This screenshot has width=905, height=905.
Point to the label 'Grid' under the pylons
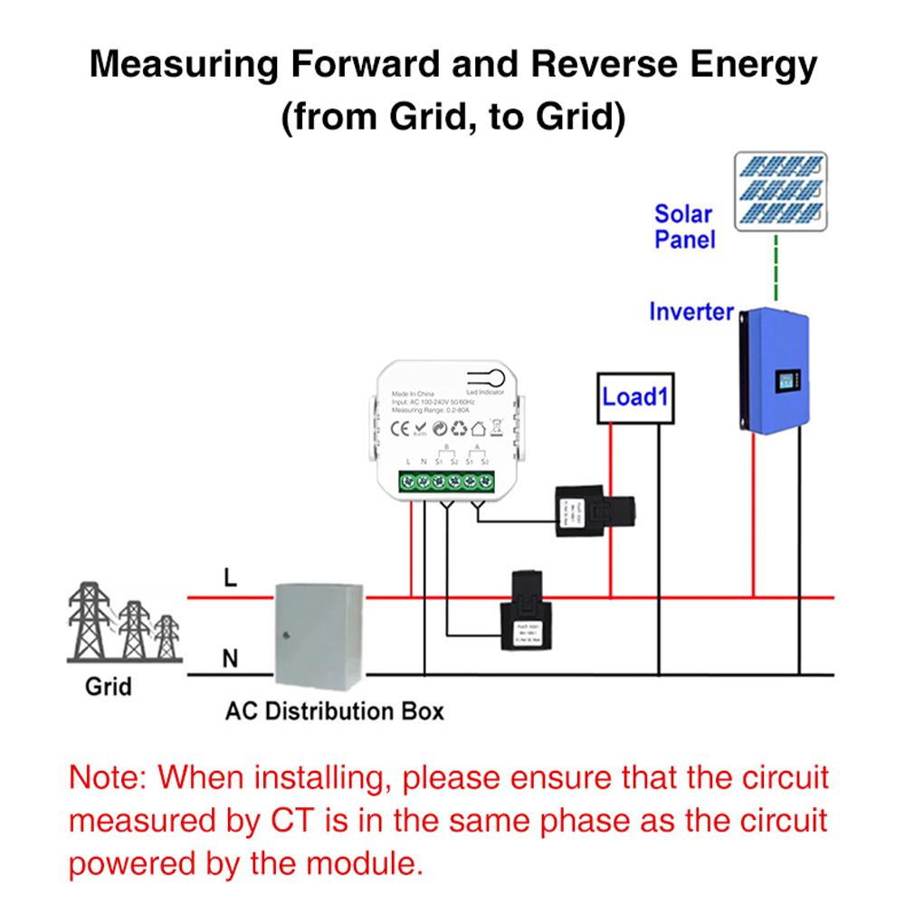[x=109, y=685]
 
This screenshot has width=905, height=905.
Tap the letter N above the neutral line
[x=230, y=660]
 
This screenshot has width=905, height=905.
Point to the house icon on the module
[x=480, y=428]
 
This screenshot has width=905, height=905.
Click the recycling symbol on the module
[x=458, y=428]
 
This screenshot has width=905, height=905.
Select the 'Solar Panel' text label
[x=684, y=227]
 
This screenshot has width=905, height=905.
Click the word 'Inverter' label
[x=691, y=311]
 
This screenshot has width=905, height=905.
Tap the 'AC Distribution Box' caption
[x=335, y=710]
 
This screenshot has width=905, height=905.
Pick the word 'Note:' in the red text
[x=109, y=779]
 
